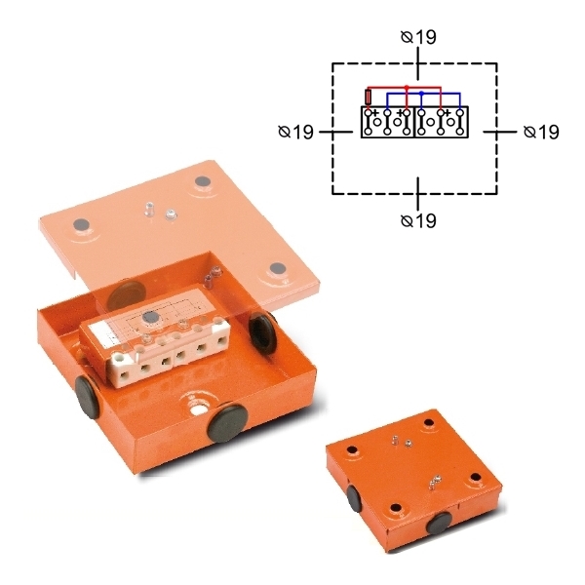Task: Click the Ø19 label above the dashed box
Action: pyautogui.click(x=418, y=37)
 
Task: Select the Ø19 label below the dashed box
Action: pyautogui.click(x=418, y=220)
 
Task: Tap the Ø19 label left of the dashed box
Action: pyautogui.click(x=295, y=132)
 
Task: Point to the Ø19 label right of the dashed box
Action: pyautogui.click(x=541, y=132)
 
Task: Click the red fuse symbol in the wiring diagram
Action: pyautogui.click(x=369, y=97)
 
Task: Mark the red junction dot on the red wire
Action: pyautogui.click(x=407, y=87)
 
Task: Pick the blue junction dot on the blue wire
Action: pyautogui.click(x=421, y=93)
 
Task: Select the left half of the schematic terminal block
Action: pyautogui.click(x=388, y=122)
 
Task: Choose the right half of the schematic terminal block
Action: pyautogui.click(x=442, y=122)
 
